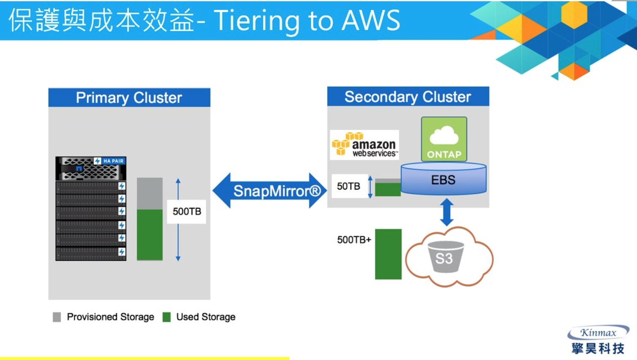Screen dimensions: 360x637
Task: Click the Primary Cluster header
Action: click(x=129, y=98)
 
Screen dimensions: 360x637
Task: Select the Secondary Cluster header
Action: click(x=408, y=97)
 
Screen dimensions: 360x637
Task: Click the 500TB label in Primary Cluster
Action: click(x=187, y=212)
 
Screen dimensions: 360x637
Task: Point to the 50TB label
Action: click(x=348, y=186)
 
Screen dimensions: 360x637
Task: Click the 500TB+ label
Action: click(x=354, y=240)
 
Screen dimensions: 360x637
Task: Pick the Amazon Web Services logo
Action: click(x=364, y=145)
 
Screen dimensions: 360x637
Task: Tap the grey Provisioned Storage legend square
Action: click(x=57, y=317)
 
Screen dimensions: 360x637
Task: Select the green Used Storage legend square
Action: click(x=167, y=317)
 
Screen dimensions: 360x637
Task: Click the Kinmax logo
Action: click(x=598, y=340)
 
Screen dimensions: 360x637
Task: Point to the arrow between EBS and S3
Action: click(x=447, y=212)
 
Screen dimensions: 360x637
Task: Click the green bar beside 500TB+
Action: click(x=388, y=254)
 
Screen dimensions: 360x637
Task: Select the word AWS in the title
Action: click(x=371, y=20)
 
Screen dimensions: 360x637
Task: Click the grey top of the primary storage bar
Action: click(x=150, y=193)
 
